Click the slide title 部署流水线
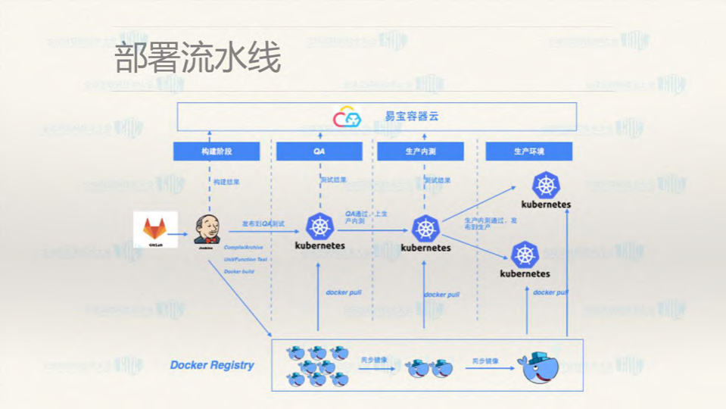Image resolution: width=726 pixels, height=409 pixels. pos(198,58)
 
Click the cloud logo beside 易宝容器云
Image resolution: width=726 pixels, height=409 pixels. pos(348,117)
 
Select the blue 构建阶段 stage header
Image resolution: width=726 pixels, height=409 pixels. pos(217,151)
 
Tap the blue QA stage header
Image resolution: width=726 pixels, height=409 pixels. pos(319,151)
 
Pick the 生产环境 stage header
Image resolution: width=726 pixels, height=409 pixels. pos(528,151)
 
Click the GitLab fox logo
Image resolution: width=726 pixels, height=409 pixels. pos(155,228)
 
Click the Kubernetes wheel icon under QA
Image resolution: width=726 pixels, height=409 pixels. pos(319,226)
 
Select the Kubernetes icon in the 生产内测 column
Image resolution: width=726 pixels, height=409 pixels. pos(425,229)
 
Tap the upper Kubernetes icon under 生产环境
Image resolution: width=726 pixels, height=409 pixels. pos(546,186)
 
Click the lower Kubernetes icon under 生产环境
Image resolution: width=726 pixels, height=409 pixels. pos(525,255)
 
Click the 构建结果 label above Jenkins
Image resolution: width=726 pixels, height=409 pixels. pos(226,182)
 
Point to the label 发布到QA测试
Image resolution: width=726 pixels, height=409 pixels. pos(263,224)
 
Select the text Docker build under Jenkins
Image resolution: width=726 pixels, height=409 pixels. pos(238,271)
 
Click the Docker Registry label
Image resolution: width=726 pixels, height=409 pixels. pos(212,365)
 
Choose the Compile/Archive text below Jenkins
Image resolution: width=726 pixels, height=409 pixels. pos(243,247)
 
